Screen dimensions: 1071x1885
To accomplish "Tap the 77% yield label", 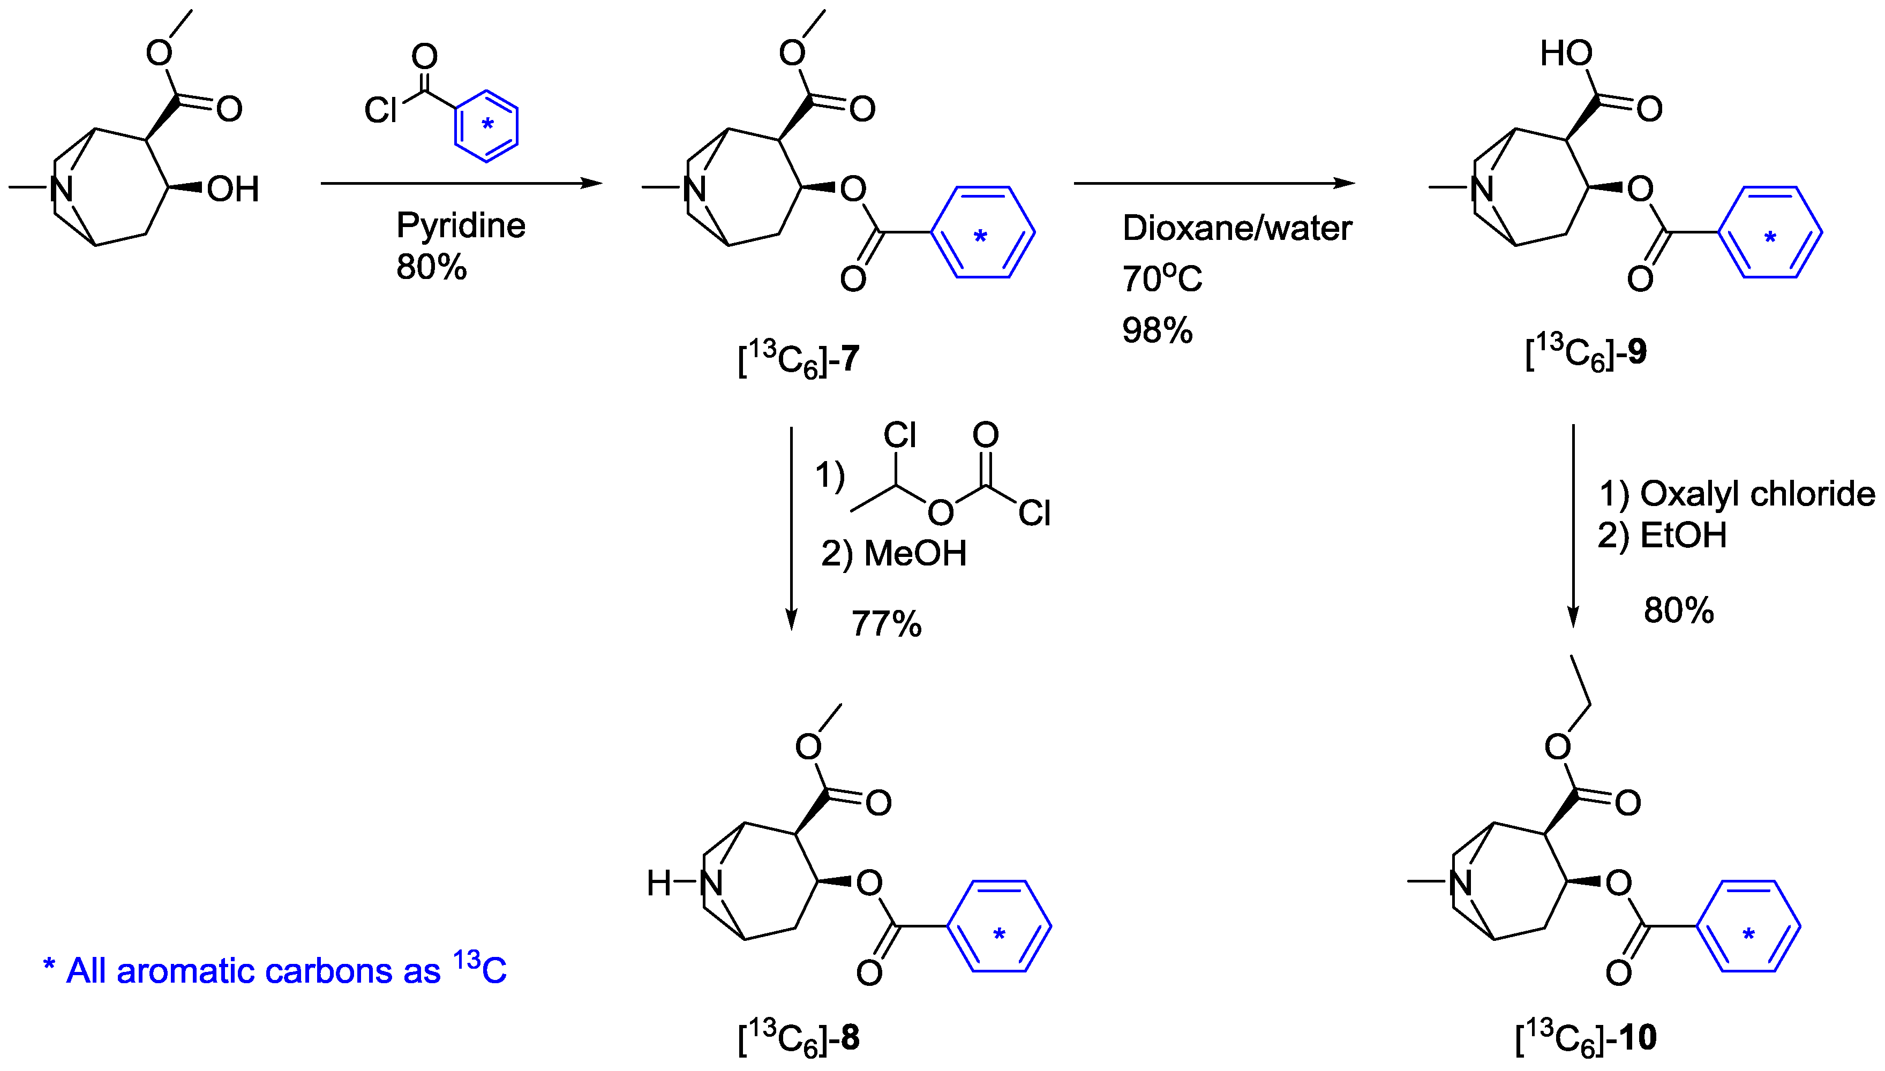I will pyautogui.click(x=886, y=624).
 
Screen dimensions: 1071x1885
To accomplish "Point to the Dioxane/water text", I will pyautogui.click(x=1237, y=228).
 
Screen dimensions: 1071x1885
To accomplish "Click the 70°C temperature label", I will pyautogui.click(x=1162, y=279).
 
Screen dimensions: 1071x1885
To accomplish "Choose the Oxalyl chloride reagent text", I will pyautogui.click(x=1757, y=494).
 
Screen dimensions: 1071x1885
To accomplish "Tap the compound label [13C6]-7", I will pyautogui.click(x=798, y=360).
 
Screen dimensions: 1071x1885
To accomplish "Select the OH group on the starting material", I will pyautogui.click(x=233, y=190).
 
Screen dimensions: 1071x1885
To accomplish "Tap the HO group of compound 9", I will pyautogui.click(x=1566, y=54).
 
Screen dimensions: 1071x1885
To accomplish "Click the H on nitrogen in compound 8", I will pyautogui.click(x=658, y=883).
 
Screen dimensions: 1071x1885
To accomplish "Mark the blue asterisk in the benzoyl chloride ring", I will pyautogui.click(x=487, y=125).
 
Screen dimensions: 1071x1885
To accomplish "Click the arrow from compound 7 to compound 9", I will pyautogui.click(x=1214, y=183).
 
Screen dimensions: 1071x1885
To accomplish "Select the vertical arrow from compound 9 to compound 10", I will pyautogui.click(x=1573, y=526).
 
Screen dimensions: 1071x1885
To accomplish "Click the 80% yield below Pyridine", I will pyautogui.click(x=431, y=267).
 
